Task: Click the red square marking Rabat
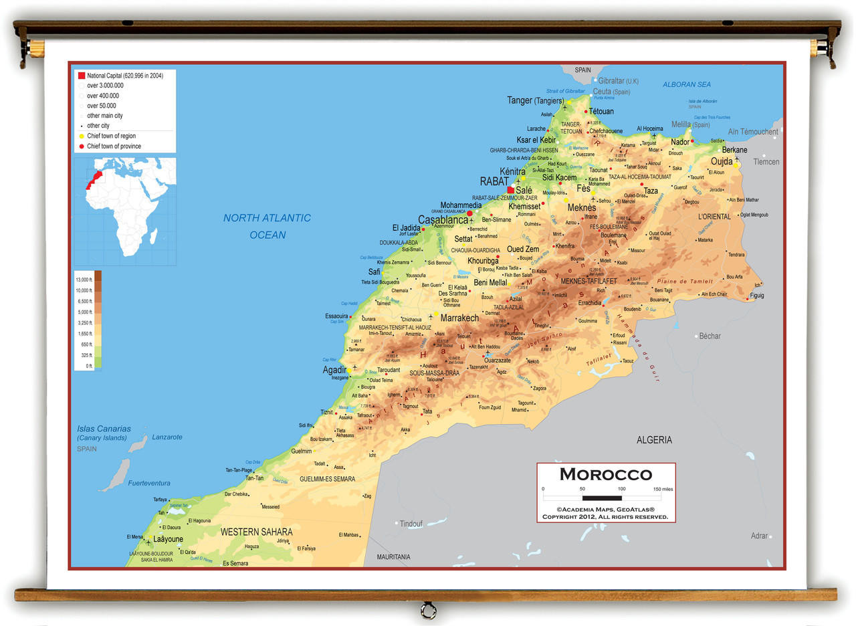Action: click(511, 190)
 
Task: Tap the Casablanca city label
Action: click(443, 220)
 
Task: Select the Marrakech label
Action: click(459, 318)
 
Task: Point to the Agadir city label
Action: click(334, 370)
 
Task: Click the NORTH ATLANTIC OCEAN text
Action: click(267, 226)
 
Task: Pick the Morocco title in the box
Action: click(605, 474)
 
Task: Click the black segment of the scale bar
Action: click(602, 498)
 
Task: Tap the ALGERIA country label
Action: click(654, 440)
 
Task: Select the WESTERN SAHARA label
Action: click(256, 532)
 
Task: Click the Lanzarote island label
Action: click(167, 437)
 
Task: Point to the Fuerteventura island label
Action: click(148, 483)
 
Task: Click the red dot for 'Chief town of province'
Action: click(82, 146)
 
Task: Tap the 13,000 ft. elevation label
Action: click(84, 280)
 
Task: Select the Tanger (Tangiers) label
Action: click(535, 100)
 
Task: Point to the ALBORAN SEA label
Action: click(687, 85)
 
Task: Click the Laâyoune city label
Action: click(168, 539)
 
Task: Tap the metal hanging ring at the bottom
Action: click(428, 609)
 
